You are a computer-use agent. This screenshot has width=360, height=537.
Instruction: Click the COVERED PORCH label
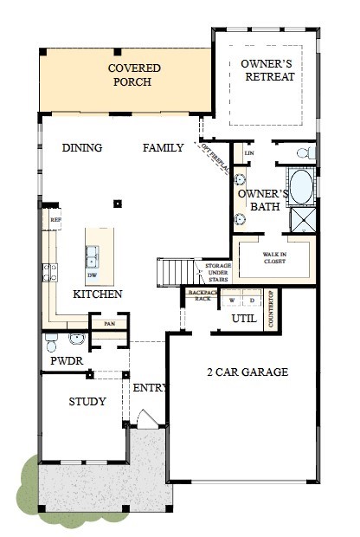pos(130,74)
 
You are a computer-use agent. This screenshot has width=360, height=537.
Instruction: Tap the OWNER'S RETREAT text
pos(267,70)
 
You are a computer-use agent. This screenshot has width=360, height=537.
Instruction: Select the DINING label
pos(82,148)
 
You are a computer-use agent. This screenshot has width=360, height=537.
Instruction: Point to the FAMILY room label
pos(164,148)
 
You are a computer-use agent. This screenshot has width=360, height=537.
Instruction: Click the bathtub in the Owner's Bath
pos(301,187)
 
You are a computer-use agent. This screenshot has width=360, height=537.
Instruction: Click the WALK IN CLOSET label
pos(274,259)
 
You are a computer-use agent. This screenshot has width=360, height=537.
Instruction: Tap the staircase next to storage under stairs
pos(171,272)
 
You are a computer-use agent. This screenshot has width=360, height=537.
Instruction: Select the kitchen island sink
pos(91,256)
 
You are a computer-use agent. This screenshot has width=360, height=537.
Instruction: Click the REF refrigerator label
pos(55,221)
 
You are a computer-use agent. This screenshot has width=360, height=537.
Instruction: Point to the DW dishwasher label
pos(92,275)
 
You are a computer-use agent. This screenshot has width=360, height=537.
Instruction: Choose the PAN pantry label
pos(109,324)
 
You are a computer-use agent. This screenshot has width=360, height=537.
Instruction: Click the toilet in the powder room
pos(52,339)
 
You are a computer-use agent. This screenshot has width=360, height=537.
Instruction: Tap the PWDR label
pos(66,360)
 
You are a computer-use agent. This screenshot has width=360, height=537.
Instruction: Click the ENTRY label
pos(148,387)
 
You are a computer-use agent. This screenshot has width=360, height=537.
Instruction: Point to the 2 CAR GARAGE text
pos(247,372)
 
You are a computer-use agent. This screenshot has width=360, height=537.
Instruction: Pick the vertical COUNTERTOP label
pos(271,307)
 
